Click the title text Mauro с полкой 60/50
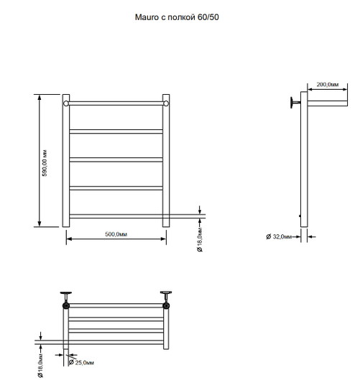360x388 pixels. click(x=177, y=17)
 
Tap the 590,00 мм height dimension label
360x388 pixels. click(x=45, y=163)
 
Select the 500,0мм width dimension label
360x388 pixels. click(x=116, y=234)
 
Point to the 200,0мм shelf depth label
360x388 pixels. click(x=328, y=84)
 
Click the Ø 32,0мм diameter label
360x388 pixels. click(x=279, y=236)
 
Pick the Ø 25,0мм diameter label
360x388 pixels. click(x=81, y=363)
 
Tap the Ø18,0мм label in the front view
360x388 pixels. click(x=200, y=240)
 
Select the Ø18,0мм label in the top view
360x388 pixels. click(x=40, y=366)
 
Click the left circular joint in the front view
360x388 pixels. click(x=66, y=103)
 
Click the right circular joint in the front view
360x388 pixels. click(x=166, y=103)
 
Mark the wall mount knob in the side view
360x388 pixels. click(x=295, y=103)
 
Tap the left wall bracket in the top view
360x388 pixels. click(x=66, y=297)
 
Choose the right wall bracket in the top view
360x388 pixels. click(x=166, y=297)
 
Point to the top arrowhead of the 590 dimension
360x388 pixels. click(x=40, y=97)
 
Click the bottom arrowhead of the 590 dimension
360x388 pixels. click(x=40, y=223)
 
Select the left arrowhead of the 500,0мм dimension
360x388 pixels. click(x=69, y=239)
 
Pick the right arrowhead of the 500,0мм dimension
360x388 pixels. click(x=163, y=239)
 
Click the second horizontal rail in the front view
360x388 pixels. click(x=116, y=131)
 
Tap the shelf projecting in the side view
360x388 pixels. click(x=328, y=103)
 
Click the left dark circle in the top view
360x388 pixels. click(x=66, y=306)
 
